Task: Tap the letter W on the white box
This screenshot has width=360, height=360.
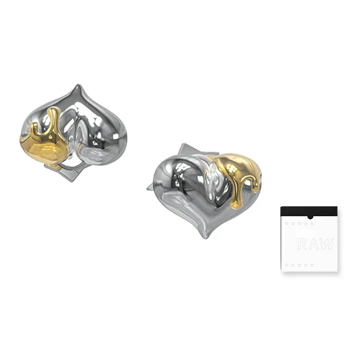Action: (x=325, y=244)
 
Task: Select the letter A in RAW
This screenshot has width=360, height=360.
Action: (x=313, y=244)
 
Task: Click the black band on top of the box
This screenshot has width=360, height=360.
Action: (x=309, y=211)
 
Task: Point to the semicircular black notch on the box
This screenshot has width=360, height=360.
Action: (x=310, y=217)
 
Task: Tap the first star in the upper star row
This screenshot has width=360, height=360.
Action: (x=286, y=224)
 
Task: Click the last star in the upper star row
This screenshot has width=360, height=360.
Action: (x=312, y=224)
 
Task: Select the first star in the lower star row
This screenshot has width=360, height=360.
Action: (x=286, y=265)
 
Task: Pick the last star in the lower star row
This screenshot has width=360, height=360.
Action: (x=312, y=265)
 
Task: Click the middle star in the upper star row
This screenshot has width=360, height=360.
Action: (x=299, y=224)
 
